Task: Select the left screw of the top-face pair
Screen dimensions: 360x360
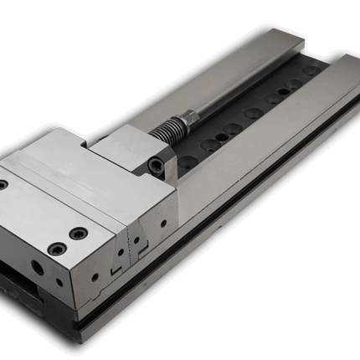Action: click(x=56, y=249)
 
